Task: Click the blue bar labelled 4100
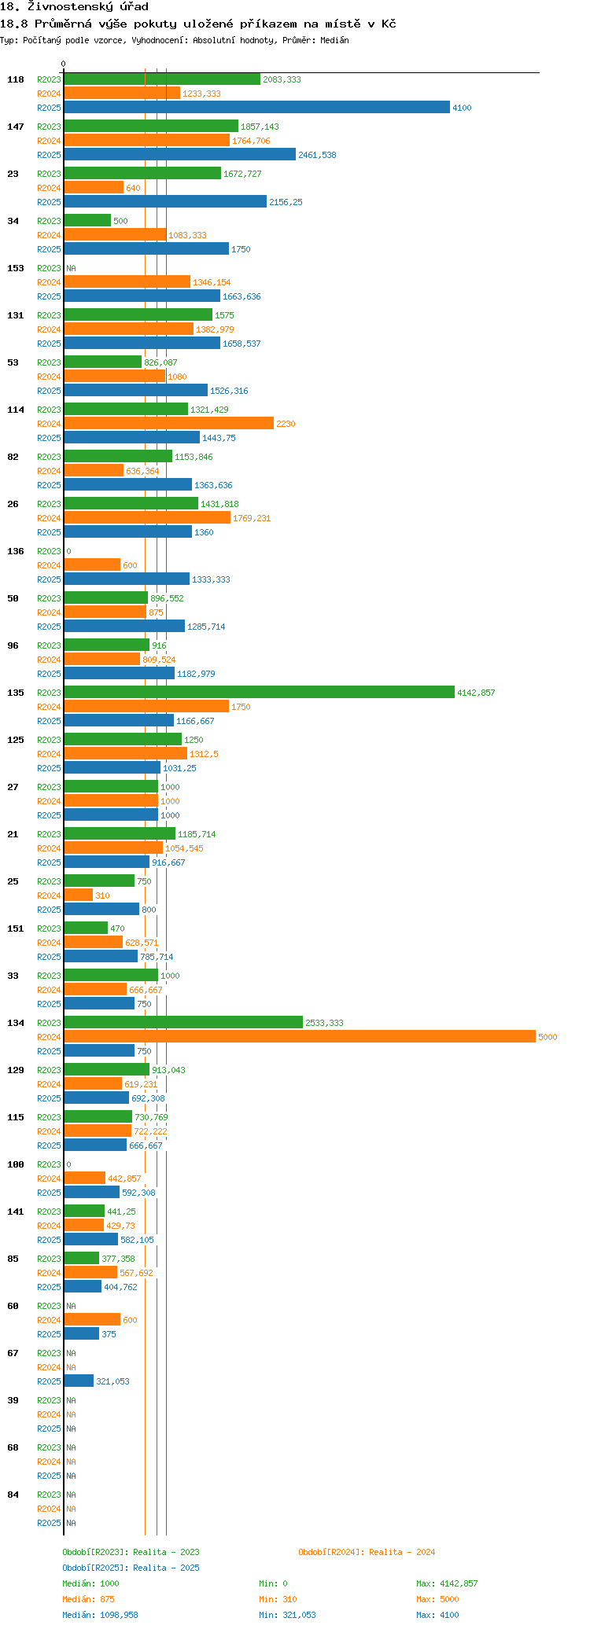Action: coord(256,108)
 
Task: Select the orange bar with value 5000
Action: coord(299,1037)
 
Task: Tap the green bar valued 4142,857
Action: coord(259,693)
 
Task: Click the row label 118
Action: coord(16,79)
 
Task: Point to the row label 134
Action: coord(16,1023)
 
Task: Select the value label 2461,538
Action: coord(317,155)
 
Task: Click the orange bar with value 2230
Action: coord(168,424)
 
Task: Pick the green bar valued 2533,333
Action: coord(183,1023)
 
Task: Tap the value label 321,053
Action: coord(112,1381)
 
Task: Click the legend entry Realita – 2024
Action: coord(367,1552)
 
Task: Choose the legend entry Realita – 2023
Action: coord(131,1552)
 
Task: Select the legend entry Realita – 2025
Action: coord(131,1568)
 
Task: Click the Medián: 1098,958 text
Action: coord(100,1615)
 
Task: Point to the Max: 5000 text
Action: coord(437,1599)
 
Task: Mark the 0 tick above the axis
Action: coord(64,64)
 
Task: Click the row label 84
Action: coord(13,1495)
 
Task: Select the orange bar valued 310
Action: coord(78,895)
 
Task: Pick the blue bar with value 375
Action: coord(81,1334)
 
